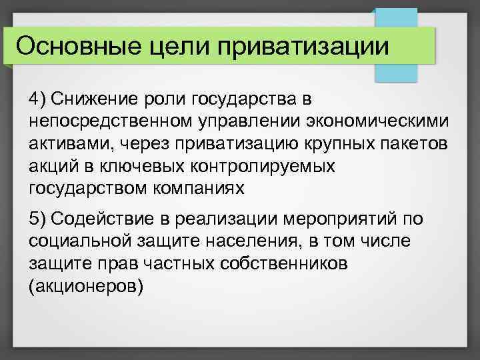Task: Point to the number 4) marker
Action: click(37, 99)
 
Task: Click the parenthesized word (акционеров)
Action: click(85, 286)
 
